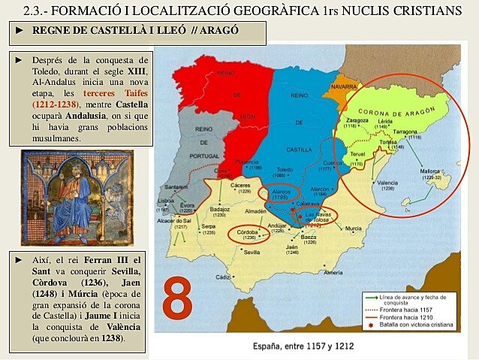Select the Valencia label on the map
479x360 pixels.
pyautogui.click(x=387, y=183)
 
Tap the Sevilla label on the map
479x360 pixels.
pyautogui.click(x=251, y=252)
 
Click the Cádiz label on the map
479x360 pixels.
pyautogui.click(x=223, y=277)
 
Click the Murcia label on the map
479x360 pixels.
pyautogui.click(x=353, y=228)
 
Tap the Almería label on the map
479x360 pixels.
pyautogui.click(x=333, y=271)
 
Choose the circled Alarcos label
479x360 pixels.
pyautogui.click(x=277, y=191)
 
